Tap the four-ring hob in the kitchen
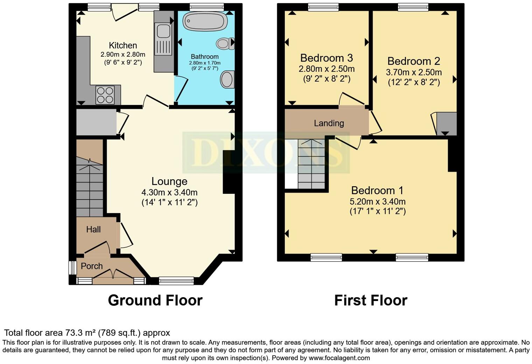(x=105, y=94)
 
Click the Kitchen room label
(x=123, y=45)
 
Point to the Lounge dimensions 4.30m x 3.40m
(x=169, y=192)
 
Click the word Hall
(x=93, y=230)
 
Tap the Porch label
(x=92, y=266)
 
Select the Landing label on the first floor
(x=329, y=123)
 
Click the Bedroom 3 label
(x=326, y=58)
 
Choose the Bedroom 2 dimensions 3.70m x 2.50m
(x=414, y=72)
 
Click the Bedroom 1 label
(x=377, y=190)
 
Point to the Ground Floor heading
(x=155, y=300)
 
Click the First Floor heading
(x=371, y=300)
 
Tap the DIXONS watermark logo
(x=266, y=153)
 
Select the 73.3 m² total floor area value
(x=80, y=332)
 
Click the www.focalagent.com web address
(x=339, y=358)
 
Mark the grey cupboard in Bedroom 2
(x=446, y=123)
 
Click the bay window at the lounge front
(x=176, y=280)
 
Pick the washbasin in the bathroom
(x=227, y=79)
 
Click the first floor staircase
(x=311, y=164)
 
